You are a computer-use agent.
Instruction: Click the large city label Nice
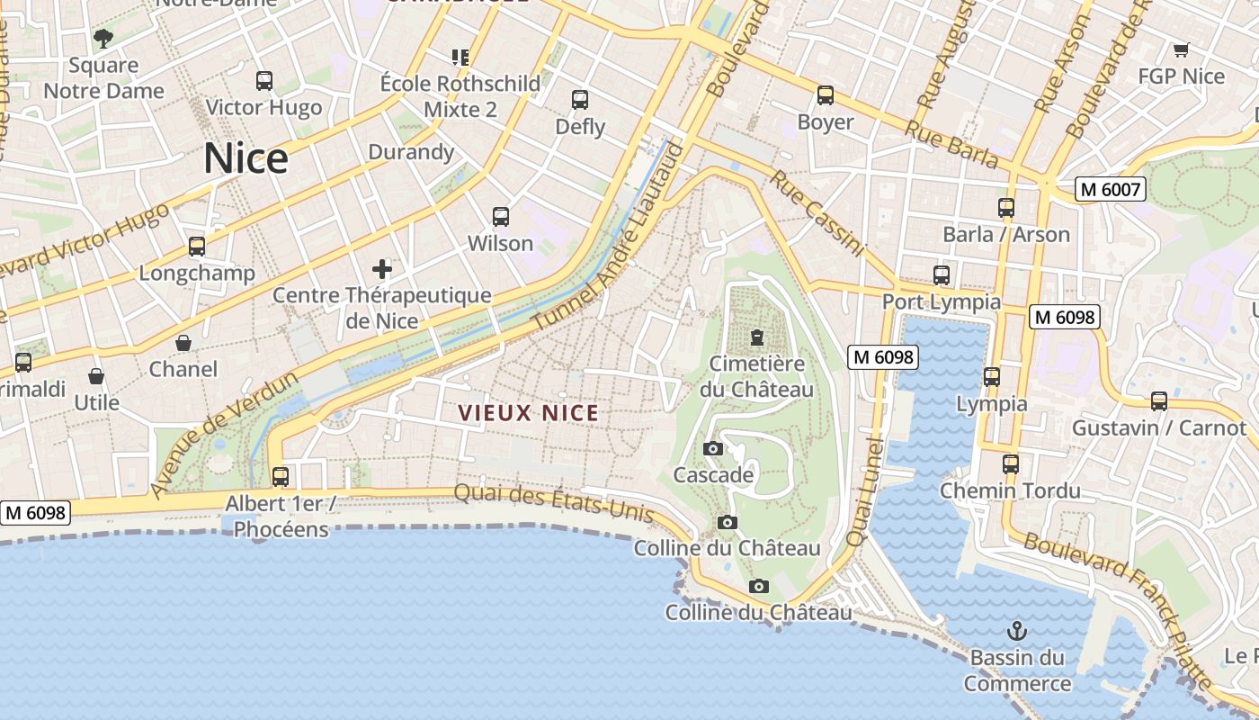click(246, 158)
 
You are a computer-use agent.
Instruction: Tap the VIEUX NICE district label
click(528, 413)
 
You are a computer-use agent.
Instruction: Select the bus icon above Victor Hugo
click(264, 80)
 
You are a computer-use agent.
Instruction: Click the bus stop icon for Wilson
click(501, 217)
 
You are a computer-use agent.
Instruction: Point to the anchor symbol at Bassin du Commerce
click(1017, 630)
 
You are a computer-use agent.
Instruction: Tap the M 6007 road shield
click(1111, 189)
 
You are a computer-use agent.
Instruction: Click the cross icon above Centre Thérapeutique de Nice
click(382, 268)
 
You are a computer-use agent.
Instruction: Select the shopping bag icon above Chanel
click(183, 343)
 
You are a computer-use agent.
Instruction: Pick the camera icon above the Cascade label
click(713, 448)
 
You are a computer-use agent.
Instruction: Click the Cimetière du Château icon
click(756, 337)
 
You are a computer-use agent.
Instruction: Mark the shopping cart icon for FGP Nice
click(1181, 49)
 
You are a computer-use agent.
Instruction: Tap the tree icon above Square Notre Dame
click(103, 38)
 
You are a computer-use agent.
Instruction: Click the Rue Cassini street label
click(817, 213)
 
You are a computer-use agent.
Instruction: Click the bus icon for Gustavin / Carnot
click(1159, 400)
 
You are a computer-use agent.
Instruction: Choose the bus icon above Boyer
click(826, 94)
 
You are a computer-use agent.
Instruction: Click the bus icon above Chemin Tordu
click(1011, 464)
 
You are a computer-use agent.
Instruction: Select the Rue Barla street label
click(951, 144)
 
